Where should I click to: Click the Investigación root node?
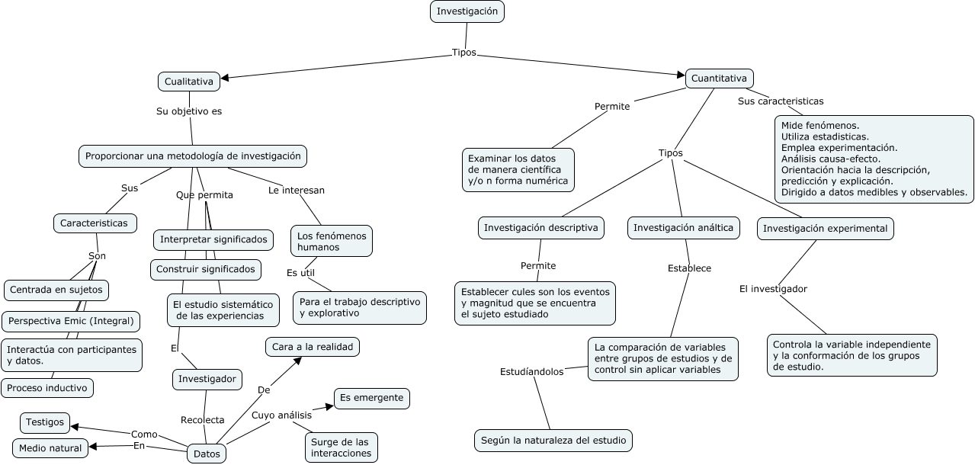[x=467, y=11]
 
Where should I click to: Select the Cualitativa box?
[x=189, y=82]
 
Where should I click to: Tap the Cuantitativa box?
[x=719, y=79]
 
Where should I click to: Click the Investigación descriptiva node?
[x=541, y=228]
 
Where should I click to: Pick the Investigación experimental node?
[x=826, y=229]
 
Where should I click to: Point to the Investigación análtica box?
[x=683, y=228]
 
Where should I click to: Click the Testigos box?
[x=45, y=423]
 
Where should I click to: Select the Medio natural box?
[x=50, y=448]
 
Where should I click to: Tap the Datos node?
[x=207, y=454]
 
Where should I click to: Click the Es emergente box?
[x=372, y=399]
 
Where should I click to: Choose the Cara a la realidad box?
[x=313, y=347]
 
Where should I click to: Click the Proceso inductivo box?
[x=47, y=388]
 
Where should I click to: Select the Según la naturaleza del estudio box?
[x=553, y=441]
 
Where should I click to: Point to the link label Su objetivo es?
[x=189, y=111]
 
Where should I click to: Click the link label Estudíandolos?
[x=532, y=372]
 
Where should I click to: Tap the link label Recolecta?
[x=203, y=420]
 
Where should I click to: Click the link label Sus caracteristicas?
[x=781, y=101]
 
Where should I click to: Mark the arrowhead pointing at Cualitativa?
[x=225, y=79]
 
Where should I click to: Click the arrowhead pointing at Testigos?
[x=75, y=427]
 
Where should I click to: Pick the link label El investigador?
[x=773, y=289]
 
